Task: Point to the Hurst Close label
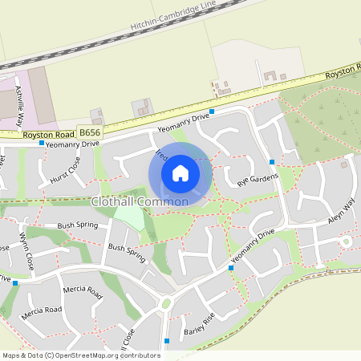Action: [x=65, y=171]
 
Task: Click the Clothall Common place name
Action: [x=140, y=201]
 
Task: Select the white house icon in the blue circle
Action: [x=180, y=172]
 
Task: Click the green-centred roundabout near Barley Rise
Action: [x=167, y=303]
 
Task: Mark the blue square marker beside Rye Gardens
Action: [x=273, y=162]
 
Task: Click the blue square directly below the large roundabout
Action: [x=167, y=341]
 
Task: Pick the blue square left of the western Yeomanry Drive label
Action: [x=42, y=143]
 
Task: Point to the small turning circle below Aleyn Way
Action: [x=347, y=240]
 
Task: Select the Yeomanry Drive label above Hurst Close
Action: [x=73, y=144]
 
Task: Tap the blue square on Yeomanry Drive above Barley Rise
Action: [x=230, y=269]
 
